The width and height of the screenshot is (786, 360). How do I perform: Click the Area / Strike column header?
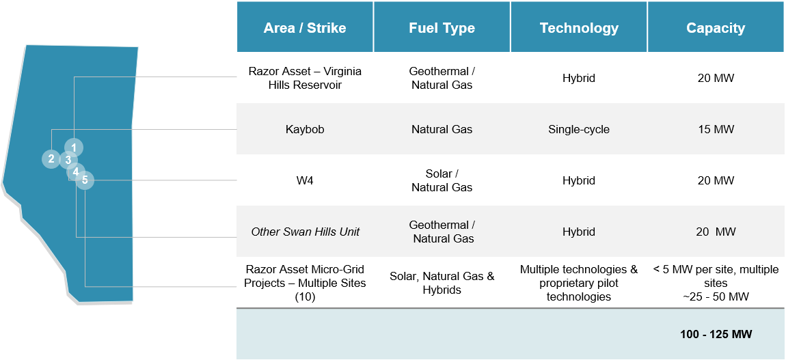coord(305,28)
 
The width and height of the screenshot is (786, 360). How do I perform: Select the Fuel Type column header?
coord(442,28)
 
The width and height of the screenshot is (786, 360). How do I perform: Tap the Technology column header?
coord(579,28)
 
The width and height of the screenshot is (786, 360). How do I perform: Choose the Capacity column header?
coord(716,28)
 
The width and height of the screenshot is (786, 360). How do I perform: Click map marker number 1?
coord(74,148)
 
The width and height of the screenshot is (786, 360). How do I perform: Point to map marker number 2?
coord(51,159)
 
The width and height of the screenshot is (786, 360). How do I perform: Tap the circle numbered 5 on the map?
coord(85,180)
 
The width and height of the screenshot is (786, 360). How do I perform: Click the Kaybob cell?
coord(305,129)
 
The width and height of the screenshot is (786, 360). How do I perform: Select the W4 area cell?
coord(305,180)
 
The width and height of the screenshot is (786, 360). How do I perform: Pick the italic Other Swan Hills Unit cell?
coord(306,232)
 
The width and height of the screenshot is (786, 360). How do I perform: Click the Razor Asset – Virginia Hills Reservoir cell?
coord(305,78)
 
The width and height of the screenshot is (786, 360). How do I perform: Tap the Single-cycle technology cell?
coord(579,129)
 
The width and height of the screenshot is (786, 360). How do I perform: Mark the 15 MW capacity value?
coord(716,129)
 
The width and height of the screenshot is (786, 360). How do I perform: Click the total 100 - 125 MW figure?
coord(716,334)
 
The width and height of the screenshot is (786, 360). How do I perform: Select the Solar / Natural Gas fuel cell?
coord(442,181)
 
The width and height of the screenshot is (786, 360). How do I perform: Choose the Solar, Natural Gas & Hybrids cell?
coord(442,283)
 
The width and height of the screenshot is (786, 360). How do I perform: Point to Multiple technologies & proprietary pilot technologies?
coord(579,283)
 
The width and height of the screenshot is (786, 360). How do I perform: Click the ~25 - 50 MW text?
coord(716,296)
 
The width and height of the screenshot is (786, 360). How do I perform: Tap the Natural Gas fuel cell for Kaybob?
coord(442,129)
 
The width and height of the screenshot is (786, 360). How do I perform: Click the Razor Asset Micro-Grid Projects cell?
coord(305,283)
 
